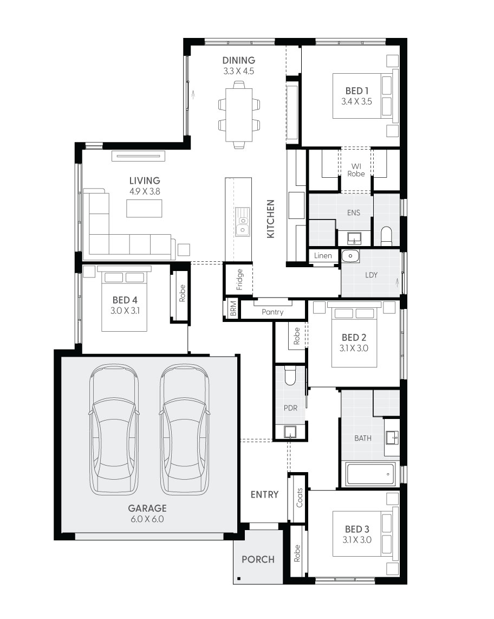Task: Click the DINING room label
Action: click(238, 60)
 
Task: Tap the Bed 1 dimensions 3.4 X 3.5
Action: click(356, 101)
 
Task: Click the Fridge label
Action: click(239, 280)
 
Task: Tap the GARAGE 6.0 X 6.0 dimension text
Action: click(147, 519)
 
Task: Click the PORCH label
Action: click(258, 559)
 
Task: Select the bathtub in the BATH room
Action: click(369, 474)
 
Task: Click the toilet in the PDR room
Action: click(291, 375)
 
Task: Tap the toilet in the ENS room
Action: click(386, 236)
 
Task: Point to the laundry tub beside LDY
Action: click(350, 255)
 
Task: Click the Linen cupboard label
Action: click(323, 256)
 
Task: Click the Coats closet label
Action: click(300, 498)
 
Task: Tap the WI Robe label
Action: click(356, 170)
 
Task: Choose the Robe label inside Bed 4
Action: click(183, 293)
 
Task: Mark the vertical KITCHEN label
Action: click(271, 218)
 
